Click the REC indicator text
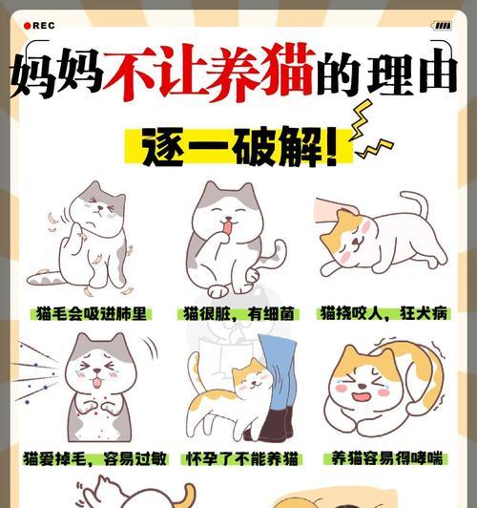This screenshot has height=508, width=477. tap(43, 26)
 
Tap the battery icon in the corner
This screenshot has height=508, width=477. tap(442, 26)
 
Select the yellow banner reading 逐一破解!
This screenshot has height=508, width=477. tap(239, 147)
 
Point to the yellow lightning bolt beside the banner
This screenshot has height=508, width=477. tap(368, 138)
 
